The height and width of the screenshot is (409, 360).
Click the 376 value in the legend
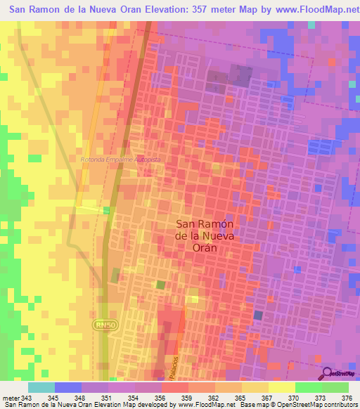pos(346,398)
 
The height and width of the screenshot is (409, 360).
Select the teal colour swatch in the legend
pos(41,387)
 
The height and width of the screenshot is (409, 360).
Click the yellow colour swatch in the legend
pos(281,387)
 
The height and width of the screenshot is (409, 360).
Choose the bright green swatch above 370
pos(308,387)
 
